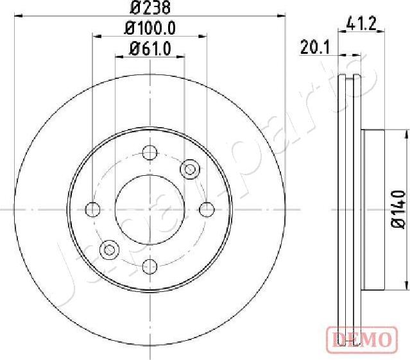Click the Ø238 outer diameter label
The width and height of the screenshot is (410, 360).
[149, 8]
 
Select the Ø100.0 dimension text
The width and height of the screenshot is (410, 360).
[149, 28]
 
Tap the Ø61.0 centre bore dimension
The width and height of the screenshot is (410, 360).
[150, 47]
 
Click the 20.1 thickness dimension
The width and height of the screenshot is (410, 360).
[314, 47]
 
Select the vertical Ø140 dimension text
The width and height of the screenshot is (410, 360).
[399, 209]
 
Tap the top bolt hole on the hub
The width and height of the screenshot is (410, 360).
[149, 153]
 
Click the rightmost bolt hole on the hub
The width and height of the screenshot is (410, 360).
[207, 209]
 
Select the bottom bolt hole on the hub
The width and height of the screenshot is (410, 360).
[149, 266]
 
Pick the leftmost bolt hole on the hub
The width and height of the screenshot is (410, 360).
[93, 209]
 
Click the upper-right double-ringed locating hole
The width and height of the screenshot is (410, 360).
[190, 169]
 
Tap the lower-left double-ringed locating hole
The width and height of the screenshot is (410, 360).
[110, 249]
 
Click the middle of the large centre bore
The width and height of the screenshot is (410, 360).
[149, 209]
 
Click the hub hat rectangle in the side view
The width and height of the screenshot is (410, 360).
[373, 209]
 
